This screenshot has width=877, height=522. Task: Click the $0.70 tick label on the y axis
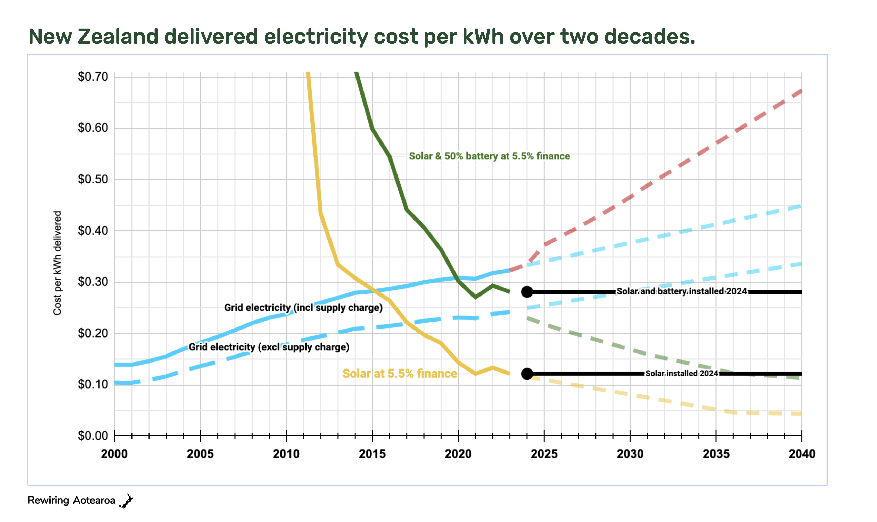(93, 77)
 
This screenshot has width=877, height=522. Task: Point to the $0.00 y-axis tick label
(93, 436)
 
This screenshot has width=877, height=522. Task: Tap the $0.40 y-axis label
(93, 231)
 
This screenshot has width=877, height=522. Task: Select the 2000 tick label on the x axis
(114, 454)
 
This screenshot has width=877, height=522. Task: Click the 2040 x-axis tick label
(802, 454)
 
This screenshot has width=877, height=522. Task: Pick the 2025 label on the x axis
(544, 454)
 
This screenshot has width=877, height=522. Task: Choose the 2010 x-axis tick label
(286, 454)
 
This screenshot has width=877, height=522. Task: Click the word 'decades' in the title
(649, 37)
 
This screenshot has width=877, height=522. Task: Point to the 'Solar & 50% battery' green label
(489, 156)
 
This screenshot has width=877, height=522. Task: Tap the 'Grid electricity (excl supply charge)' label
(269, 347)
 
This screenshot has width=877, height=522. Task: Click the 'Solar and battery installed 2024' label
(682, 292)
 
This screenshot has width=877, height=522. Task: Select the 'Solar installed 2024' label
(682, 374)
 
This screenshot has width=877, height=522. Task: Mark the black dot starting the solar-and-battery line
(527, 292)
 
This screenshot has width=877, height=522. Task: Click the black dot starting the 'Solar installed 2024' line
(527, 374)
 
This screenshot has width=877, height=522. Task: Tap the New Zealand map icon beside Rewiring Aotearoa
(126, 501)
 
